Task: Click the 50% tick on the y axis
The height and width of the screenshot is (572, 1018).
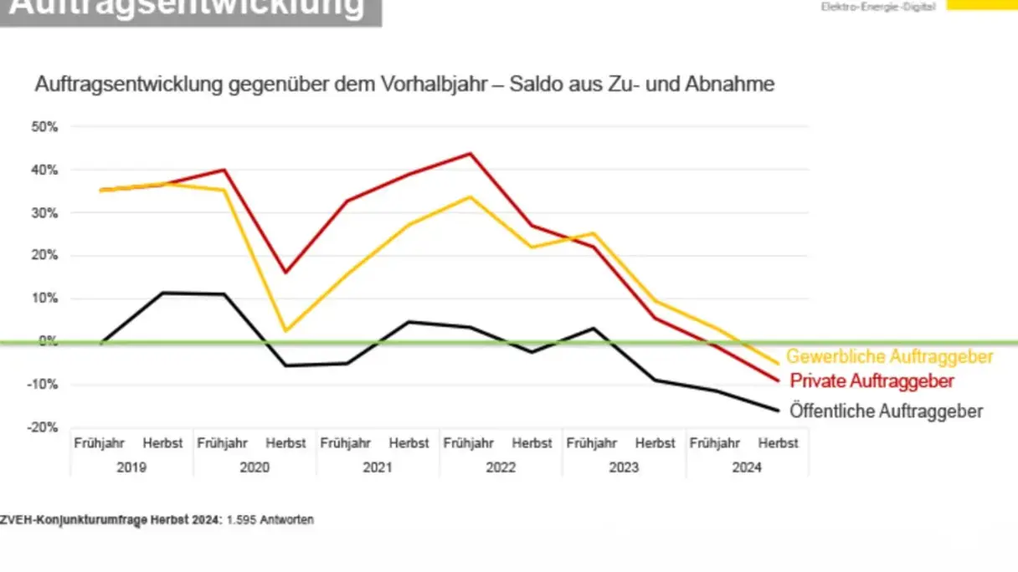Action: click(x=45, y=127)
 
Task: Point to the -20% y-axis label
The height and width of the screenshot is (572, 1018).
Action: click(x=43, y=427)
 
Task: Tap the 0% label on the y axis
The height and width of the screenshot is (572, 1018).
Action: click(x=49, y=341)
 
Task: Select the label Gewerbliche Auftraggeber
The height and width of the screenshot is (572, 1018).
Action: click(x=889, y=357)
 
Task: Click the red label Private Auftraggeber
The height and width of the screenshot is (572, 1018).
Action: click(x=872, y=381)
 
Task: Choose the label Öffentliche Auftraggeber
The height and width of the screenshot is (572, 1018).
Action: click(x=887, y=411)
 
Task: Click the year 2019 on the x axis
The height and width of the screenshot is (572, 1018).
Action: click(x=131, y=467)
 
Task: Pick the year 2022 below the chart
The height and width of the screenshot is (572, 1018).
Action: click(x=501, y=467)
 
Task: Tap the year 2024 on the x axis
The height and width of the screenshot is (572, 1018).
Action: click(x=747, y=467)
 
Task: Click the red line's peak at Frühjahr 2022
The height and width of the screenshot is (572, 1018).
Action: click(x=470, y=154)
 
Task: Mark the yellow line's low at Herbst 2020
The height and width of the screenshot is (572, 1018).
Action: click(x=285, y=331)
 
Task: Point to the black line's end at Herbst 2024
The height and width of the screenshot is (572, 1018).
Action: click(x=778, y=410)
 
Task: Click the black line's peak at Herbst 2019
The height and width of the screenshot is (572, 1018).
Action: click(x=162, y=293)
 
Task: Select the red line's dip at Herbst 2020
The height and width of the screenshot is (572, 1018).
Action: click(x=285, y=272)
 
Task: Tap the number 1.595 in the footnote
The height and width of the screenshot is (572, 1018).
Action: click(x=242, y=520)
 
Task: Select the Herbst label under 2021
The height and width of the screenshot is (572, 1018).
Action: click(x=409, y=443)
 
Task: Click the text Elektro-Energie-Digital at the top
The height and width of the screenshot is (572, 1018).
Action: click(x=878, y=6)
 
